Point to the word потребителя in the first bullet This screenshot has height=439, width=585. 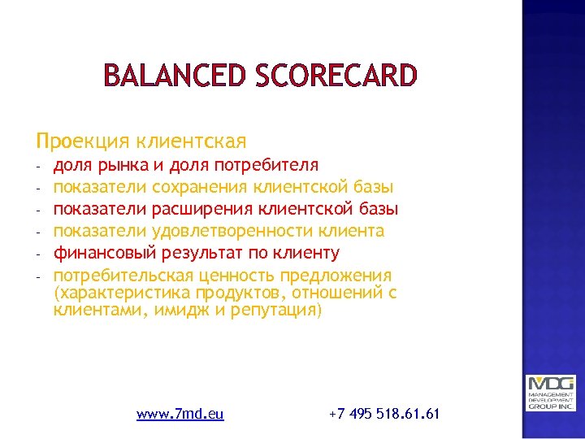(266, 166)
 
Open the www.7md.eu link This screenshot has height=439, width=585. (180, 414)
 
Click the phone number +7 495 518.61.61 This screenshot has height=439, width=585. (384, 414)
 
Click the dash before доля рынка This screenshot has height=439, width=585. (38, 167)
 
